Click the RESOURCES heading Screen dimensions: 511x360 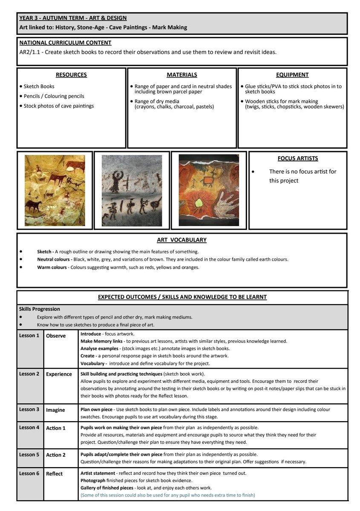coord(71,75)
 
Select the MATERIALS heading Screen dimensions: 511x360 coord(182,75)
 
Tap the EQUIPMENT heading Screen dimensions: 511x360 coord(292,75)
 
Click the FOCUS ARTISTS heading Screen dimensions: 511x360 coord(298,158)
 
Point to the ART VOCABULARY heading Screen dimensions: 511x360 coord(182,240)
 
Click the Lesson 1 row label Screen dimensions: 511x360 coord(29,336)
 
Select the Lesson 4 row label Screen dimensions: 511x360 coord(29,428)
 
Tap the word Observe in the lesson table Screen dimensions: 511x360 coord(56,336)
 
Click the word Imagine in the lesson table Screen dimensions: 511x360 coord(55,410)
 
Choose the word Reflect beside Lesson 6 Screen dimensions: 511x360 coord(55,474)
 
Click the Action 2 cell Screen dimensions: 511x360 coord(56,455)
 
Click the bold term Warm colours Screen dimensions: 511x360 coord(52,267)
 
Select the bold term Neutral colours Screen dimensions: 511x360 coord(54,259)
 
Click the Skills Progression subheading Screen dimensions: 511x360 coord(40,309)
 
